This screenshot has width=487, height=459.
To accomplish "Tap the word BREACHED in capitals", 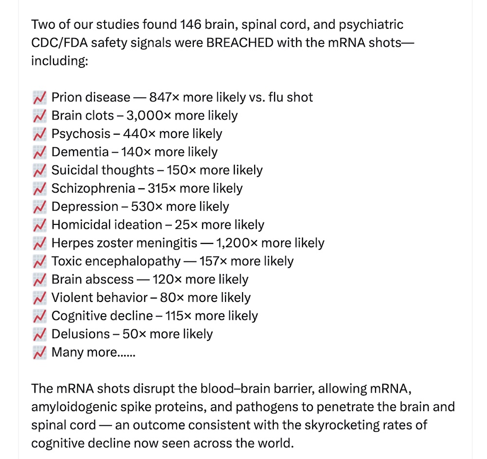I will coord(240,43).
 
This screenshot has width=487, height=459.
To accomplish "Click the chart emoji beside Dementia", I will coord(39,152).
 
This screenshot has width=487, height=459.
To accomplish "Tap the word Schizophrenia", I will coord(93,188).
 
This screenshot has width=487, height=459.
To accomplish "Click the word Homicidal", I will coord(82,225).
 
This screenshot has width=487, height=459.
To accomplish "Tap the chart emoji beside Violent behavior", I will coord(39,298).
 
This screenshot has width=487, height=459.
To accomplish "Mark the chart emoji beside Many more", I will coord(39,352).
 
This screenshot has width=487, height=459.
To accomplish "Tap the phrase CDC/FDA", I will coord(58,43).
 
